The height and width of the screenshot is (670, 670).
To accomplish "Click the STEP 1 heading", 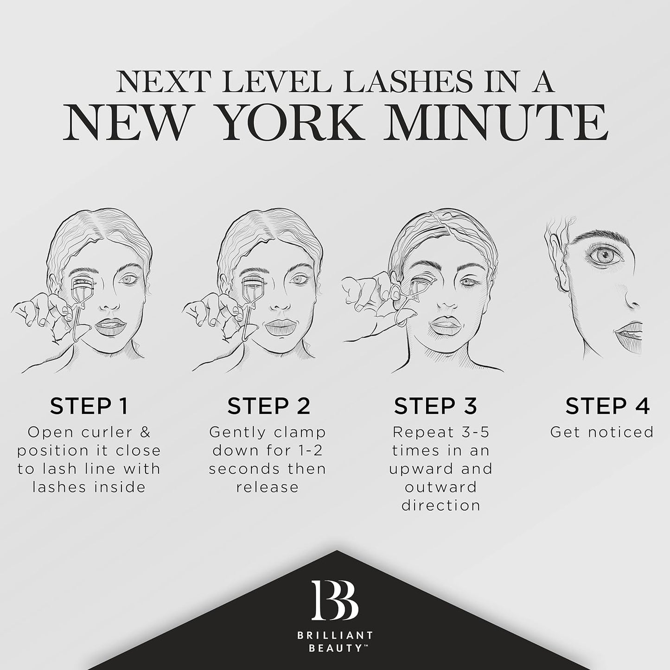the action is click(x=89, y=406).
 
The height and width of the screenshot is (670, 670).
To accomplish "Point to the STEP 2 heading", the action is click(x=268, y=406).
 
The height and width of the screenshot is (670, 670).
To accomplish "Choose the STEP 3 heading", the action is click(x=436, y=406).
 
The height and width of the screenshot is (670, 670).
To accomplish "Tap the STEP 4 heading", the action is click(x=607, y=406).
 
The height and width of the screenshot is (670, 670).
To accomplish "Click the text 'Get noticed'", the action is click(x=602, y=433).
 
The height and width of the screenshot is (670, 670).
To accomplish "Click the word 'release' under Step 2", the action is click(x=268, y=487).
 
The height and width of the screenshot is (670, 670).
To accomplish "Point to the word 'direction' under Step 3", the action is click(x=441, y=505).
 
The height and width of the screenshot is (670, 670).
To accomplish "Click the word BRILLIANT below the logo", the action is click(x=335, y=636).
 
